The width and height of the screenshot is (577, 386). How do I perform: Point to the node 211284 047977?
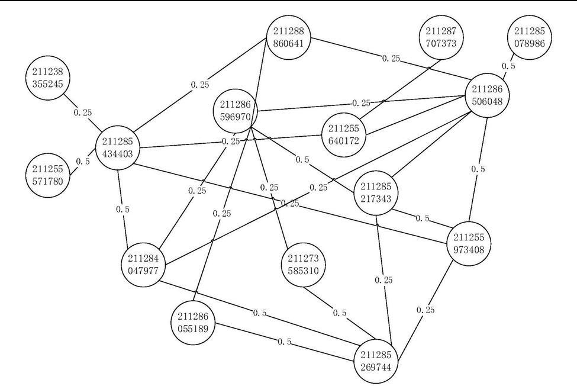144,262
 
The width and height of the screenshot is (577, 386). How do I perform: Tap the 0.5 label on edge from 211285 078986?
508,66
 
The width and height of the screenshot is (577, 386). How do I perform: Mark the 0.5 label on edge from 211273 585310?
340,313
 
